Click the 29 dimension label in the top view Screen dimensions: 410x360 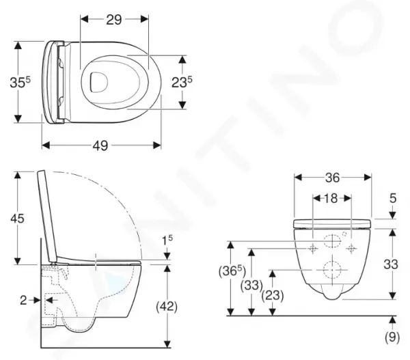pos(114,20)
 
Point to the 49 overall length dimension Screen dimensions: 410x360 pos(100,146)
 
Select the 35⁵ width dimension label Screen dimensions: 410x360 pos(20,82)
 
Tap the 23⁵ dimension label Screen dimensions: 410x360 pos(182,82)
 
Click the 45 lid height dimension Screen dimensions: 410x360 pos(17,219)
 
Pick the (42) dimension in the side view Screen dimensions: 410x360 pos(167,306)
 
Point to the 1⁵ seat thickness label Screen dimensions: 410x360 pos(167,240)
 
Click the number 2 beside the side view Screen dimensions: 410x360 pos(23,301)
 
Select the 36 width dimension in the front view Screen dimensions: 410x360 pos(333,178)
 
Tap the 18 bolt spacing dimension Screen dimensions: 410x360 pos(331,198)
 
